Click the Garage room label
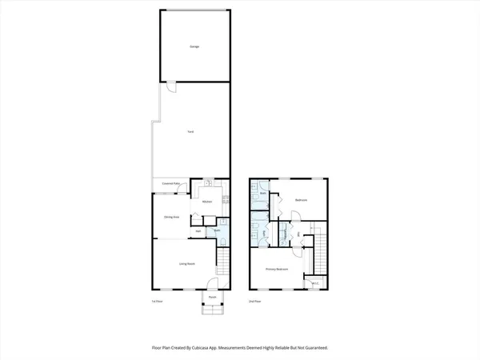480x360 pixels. pos(194,47)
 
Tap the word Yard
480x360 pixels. pos(190,131)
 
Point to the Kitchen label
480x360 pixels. pos(206,202)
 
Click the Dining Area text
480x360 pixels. pos(171,217)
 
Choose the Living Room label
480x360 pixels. pos(186,263)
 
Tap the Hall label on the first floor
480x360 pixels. pos(198,232)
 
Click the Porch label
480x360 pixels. pos(213,297)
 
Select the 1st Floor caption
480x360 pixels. pos(157,302)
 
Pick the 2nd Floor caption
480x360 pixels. pos(254,302)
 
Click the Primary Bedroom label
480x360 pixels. pos(276,269)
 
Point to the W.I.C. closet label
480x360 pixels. pos(315,282)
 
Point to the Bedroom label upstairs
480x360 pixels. pos(301,200)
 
